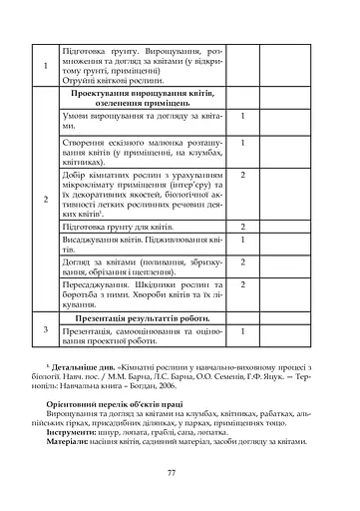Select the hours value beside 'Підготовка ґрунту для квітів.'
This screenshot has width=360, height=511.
[243, 228]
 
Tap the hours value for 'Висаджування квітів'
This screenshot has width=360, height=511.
[243, 241]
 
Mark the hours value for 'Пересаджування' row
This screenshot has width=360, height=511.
[243, 283]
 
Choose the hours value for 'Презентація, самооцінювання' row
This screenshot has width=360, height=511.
[243, 329]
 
